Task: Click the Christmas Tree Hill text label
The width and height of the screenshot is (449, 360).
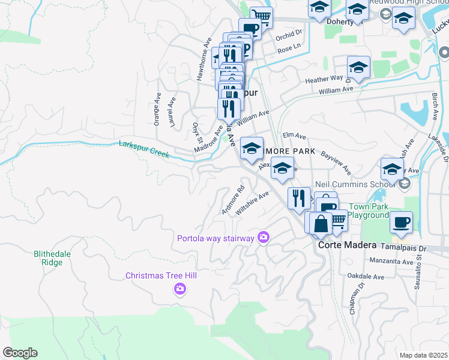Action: tap(161, 275)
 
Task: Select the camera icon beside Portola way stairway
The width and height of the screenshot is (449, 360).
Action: tap(263, 238)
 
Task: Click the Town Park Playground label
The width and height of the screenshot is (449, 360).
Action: tap(368, 211)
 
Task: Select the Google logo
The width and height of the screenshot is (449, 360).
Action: tap(20, 352)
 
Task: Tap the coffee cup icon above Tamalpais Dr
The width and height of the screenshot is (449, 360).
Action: tap(401, 221)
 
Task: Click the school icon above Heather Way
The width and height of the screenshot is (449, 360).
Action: tap(358, 67)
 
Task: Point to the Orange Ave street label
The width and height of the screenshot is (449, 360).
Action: tap(157, 109)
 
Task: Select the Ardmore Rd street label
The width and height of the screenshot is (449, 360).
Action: tap(234, 200)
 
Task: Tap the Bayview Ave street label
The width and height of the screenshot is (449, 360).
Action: tap(336, 163)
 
